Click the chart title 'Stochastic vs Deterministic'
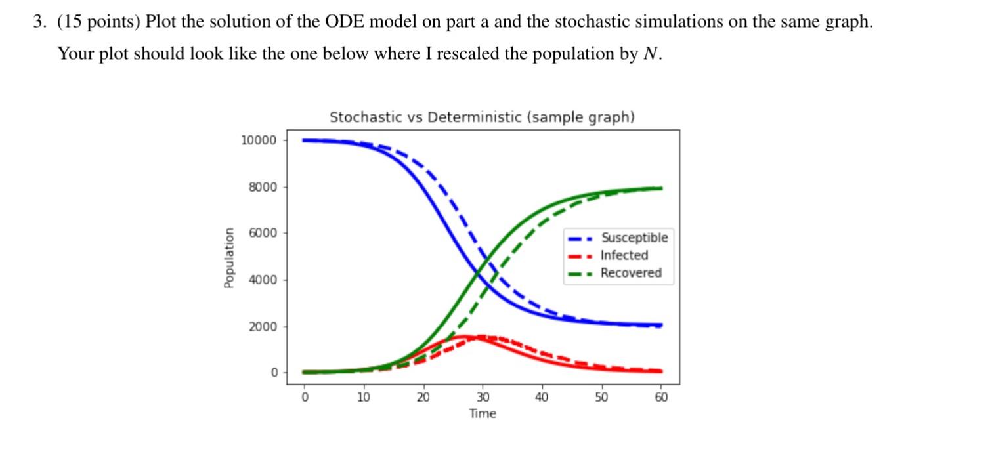(x=482, y=117)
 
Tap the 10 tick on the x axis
(x=364, y=397)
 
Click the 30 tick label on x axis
(x=483, y=397)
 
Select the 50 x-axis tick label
(x=601, y=397)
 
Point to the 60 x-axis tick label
(x=660, y=397)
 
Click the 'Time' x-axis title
(x=483, y=413)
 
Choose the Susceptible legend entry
(x=634, y=238)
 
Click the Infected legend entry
(x=624, y=255)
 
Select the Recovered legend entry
(x=631, y=273)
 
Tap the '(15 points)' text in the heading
(x=99, y=22)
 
